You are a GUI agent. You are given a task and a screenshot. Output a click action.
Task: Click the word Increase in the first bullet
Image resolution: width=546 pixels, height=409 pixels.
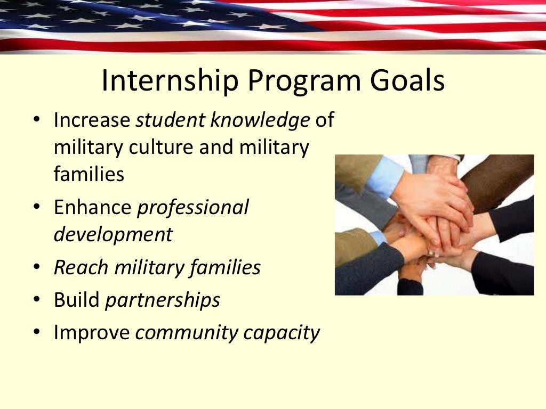pyautogui.click(x=92, y=120)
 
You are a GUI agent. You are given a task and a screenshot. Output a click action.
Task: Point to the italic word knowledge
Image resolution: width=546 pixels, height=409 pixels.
pyautogui.click(x=260, y=120)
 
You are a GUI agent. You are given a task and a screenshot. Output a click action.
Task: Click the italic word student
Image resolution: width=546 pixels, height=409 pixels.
pyautogui.click(x=170, y=120)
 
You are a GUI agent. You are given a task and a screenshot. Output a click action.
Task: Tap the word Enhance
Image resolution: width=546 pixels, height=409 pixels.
pyautogui.click(x=92, y=208)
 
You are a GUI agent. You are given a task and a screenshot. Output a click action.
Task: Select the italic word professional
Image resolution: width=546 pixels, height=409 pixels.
pyautogui.click(x=193, y=208)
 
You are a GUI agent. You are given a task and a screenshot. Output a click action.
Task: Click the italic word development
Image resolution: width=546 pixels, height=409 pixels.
pyautogui.click(x=113, y=234)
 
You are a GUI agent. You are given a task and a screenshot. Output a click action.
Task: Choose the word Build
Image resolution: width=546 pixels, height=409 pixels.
pyautogui.click(x=76, y=300)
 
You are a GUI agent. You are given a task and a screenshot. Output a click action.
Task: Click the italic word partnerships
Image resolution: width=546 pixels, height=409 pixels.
pyautogui.click(x=163, y=300)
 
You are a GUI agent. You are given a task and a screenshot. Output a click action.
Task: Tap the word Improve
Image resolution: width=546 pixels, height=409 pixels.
pyautogui.click(x=92, y=333)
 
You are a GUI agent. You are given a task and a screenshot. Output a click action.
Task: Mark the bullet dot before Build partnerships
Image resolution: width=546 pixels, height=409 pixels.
pyautogui.click(x=37, y=300)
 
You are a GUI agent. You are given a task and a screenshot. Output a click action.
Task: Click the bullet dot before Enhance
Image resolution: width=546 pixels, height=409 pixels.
pyautogui.click(x=37, y=207)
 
